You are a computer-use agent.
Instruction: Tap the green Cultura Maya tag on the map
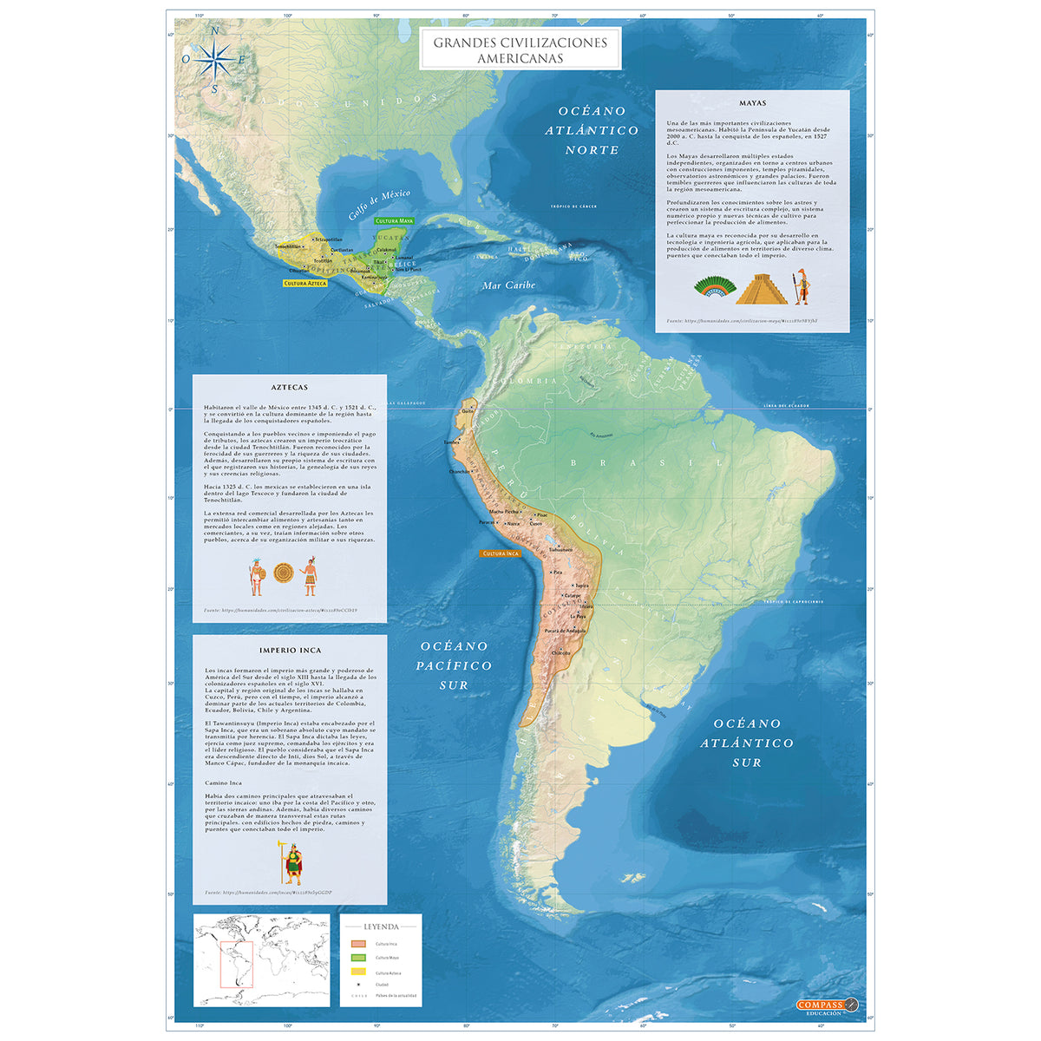point(395,221)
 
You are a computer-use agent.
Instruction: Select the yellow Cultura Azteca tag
point(305,283)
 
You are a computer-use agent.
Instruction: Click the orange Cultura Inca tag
point(501,553)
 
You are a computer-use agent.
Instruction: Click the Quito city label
point(469,410)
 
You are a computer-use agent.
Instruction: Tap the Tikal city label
point(378,261)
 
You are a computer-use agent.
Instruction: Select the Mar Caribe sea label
point(508,285)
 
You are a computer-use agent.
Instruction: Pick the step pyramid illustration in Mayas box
point(762,289)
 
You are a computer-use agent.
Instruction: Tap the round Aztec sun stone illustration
point(284,573)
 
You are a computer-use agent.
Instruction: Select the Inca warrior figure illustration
point(294,861)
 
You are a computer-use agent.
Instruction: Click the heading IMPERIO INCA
point(290,650)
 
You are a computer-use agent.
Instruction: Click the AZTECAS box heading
point(289,388)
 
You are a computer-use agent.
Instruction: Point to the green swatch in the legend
point(357,958)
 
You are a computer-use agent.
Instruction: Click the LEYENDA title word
point(381,926)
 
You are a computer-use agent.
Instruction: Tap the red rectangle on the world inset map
point(236,964)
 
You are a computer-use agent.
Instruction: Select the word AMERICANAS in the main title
point(520,58)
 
